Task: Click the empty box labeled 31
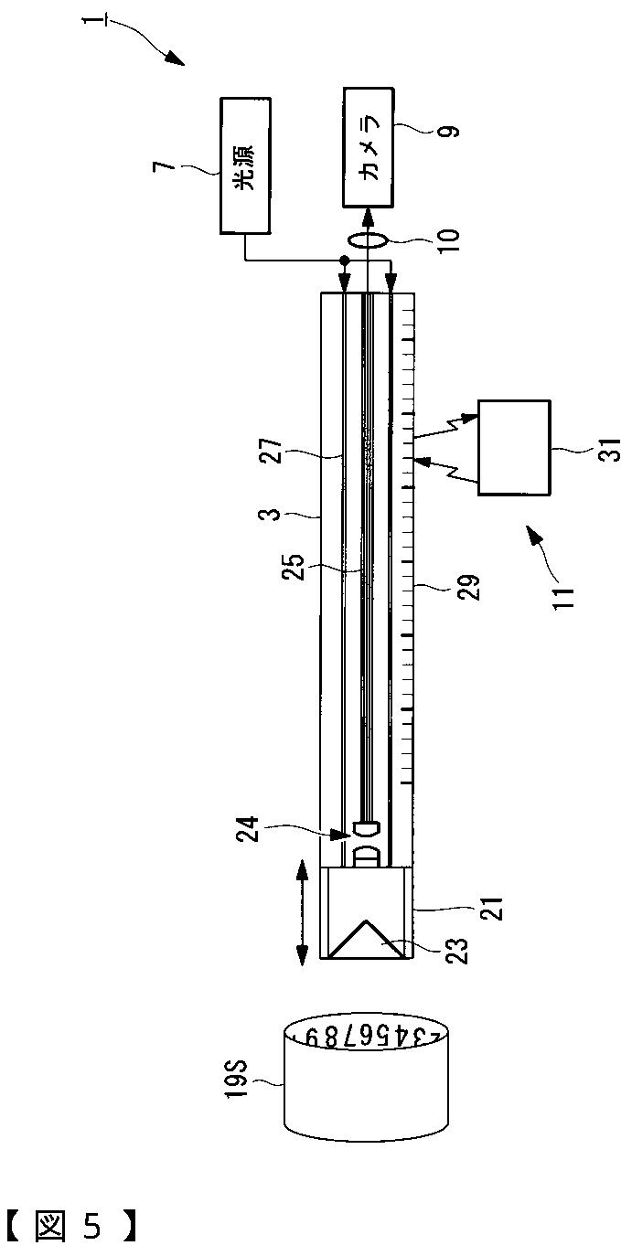coord(513,448)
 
